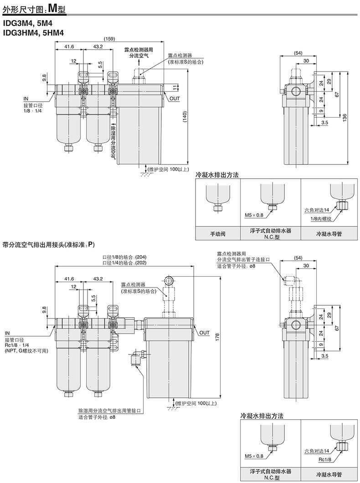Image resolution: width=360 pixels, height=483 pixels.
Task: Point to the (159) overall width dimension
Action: [109, 39]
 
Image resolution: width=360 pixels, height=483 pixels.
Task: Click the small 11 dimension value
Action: [174, 87]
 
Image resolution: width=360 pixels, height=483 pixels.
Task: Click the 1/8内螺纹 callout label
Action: [320, 219]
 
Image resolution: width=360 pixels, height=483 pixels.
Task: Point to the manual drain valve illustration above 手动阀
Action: [217, 196]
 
